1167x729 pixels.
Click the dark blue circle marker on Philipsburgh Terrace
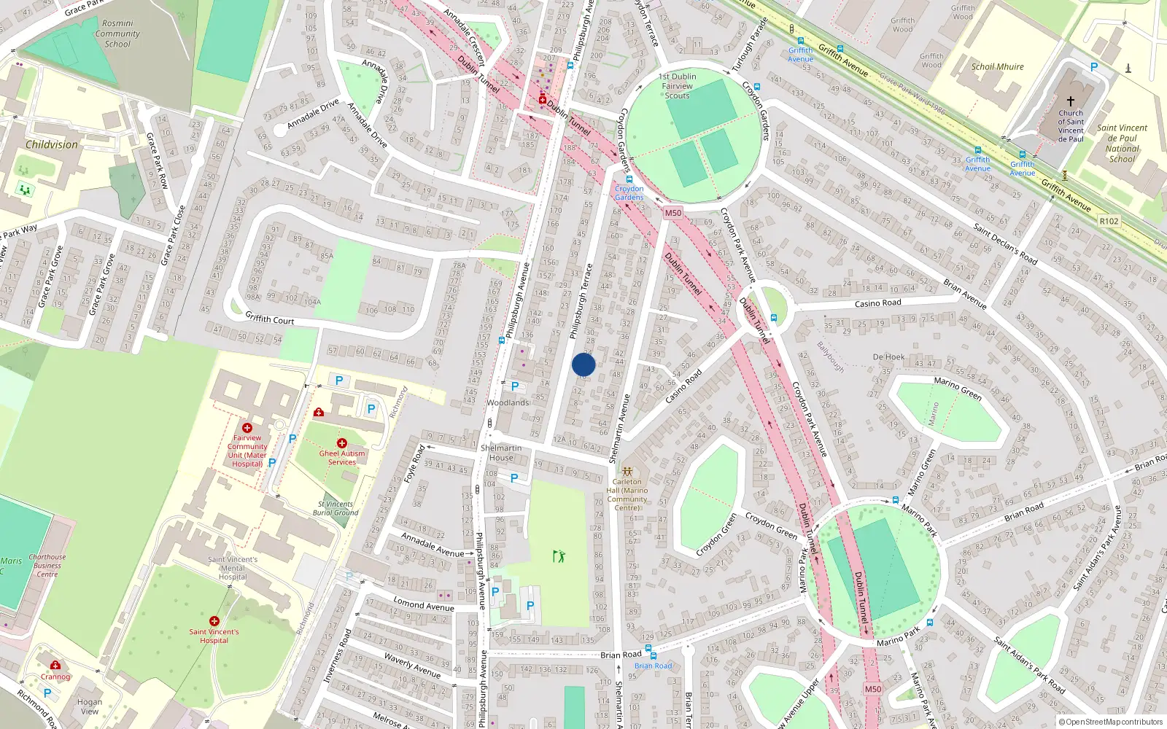click(583, 364)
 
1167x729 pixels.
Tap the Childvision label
click(51, 144)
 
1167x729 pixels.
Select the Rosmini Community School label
click(117, 34)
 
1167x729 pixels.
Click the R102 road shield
click(1109, 221)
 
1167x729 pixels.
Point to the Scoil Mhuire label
click(997, 66)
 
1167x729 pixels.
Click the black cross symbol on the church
click(1071, 101)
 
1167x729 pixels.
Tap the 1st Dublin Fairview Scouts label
click(677, 86)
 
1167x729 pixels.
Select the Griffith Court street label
click(269, 319)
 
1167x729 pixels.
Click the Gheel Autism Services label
click(341, 457)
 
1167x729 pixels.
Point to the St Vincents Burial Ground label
click(336, 508)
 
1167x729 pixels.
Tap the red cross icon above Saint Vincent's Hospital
click(214, 621)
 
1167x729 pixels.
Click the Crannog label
click(55, 677)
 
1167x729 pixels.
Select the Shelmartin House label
click(501, 453)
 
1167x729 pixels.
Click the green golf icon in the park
click(559, 556)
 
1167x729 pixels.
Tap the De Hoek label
click(888, 357)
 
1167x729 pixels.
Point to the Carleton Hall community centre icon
click(627, 472)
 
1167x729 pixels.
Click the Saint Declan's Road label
click(1005, 244)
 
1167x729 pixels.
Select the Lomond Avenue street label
click(423, 604)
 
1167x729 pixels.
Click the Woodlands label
click(508, 402)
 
